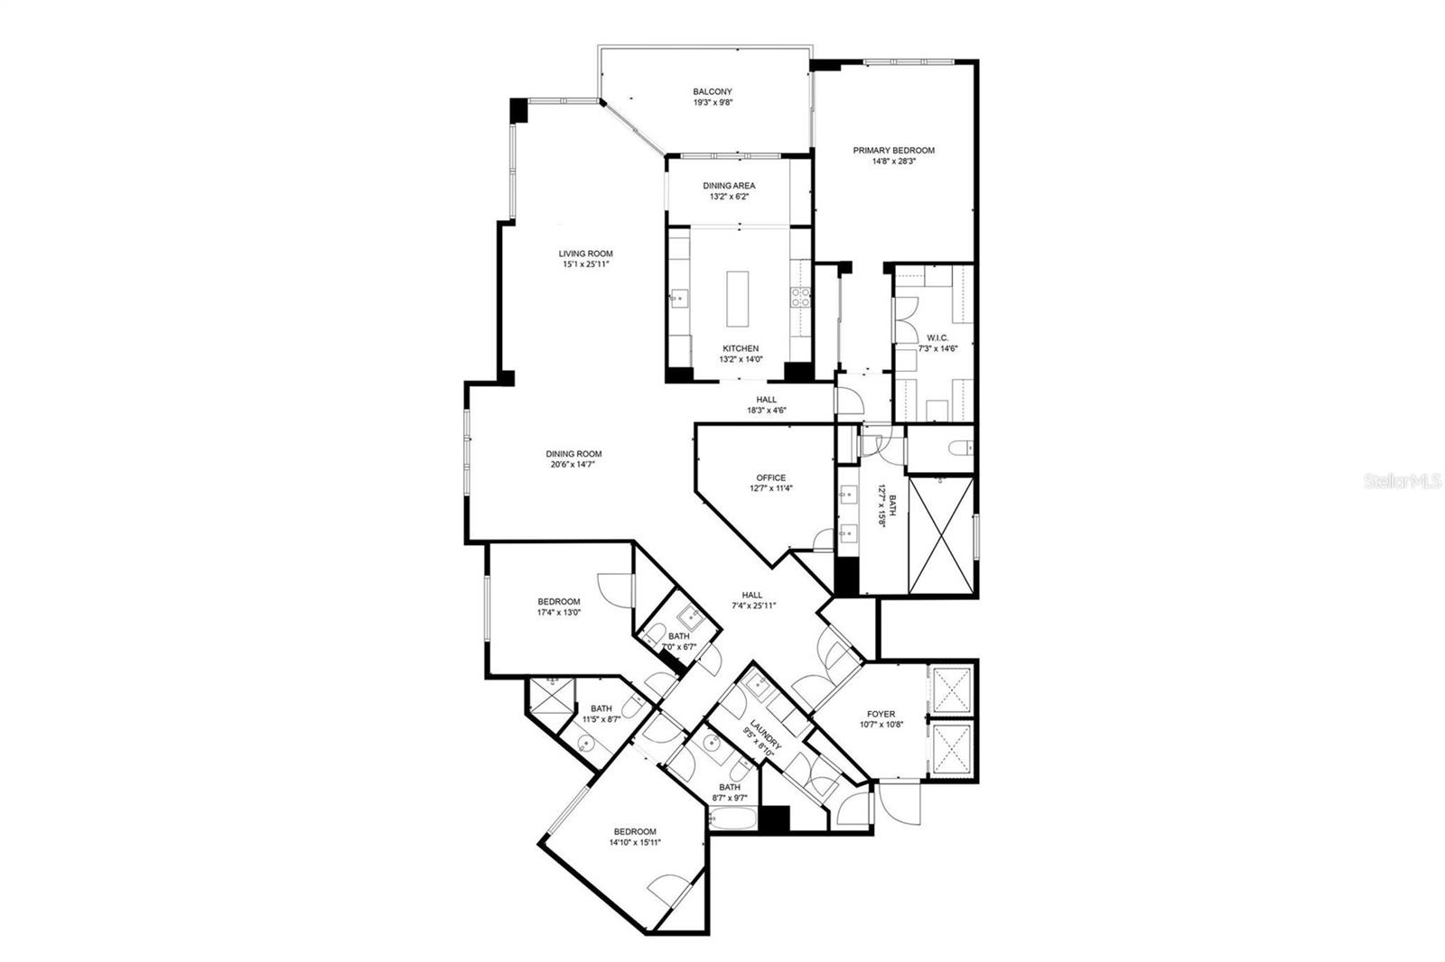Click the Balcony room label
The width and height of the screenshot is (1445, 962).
pos(712,92)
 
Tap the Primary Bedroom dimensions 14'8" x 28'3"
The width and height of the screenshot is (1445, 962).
pos(893,162)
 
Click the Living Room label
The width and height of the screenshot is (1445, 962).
pos(585,254)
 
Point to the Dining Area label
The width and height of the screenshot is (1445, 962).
pos(729,186)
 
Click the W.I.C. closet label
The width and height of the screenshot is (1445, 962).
pos(937,338)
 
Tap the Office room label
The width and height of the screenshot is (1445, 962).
pos(770,477)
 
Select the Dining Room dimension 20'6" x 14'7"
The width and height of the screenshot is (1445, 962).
pos(573,465)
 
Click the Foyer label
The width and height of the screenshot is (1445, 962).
pos(881,714)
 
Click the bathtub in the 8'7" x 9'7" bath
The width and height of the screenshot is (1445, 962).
pos(730,819)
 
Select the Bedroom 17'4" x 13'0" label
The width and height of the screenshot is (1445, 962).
pos(558,602)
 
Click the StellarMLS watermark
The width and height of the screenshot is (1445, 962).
pos(1403,482)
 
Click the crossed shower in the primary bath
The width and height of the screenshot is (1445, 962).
pos(940,534)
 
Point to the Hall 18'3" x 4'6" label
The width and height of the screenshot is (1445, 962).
pos(766,400)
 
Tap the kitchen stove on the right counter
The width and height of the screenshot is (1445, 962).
pos(799,298)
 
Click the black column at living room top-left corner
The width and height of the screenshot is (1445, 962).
pos(518,111)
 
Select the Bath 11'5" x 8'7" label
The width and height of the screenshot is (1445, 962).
pos(601,709)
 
